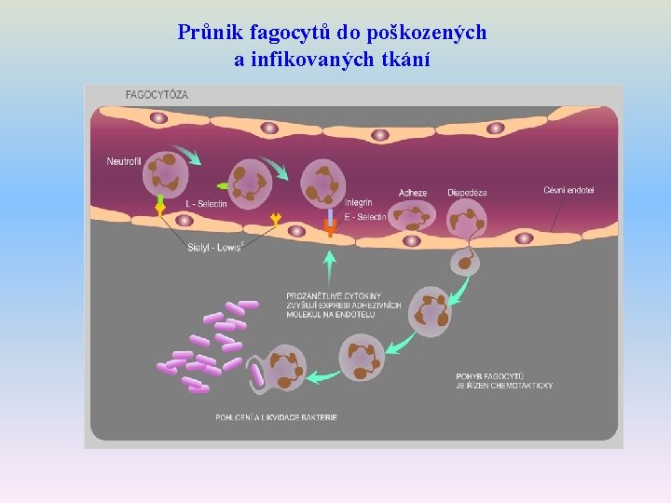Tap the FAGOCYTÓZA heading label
point(157,95)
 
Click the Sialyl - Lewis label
point(214,247)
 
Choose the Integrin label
point(358,202)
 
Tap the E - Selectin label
point(364,216)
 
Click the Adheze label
point(412,193)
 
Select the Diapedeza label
point(466,193)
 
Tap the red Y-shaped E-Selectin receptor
point(329,226)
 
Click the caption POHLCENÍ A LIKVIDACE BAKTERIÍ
point(276,416)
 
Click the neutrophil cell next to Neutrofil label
point(166,173)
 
